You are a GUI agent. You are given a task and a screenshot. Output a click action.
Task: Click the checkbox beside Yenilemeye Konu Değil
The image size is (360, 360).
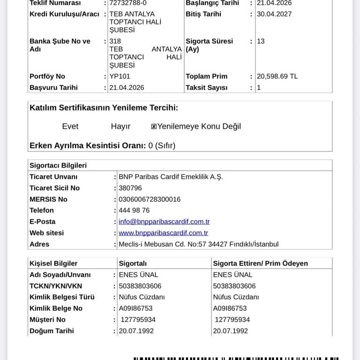(x=154, y=127)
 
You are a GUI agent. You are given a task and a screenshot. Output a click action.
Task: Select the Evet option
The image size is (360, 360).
(x=70, y=127)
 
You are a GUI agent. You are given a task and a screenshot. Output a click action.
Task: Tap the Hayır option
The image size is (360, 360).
(x=120, y=127)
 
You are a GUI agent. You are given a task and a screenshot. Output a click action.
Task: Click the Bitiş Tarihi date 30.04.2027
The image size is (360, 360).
(x=274, y=14)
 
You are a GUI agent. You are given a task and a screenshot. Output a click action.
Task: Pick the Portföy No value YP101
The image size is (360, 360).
(x=120, y=76)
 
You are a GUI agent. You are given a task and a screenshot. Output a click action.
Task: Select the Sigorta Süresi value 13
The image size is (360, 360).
(x=261, y=41)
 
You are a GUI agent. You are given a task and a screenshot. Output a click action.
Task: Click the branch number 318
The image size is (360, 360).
(x=115, y=41)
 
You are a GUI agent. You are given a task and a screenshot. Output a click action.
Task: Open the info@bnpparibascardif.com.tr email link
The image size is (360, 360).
(x=164, y=222)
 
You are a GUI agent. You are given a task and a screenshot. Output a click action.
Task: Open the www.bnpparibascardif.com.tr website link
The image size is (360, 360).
(x=163, y=233)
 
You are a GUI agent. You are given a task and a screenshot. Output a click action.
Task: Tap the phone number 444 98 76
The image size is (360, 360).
(x=134, y=210)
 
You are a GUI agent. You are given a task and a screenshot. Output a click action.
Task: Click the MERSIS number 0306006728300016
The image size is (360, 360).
(x=150, y=199)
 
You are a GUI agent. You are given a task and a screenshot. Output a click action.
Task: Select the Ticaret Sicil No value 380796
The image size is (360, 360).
(x=130, y=188)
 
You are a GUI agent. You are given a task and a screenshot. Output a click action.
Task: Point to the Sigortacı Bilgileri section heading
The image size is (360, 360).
(x=58, y=165)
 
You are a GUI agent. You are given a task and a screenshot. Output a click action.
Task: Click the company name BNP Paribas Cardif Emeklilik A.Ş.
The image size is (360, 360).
(x=171, y=177)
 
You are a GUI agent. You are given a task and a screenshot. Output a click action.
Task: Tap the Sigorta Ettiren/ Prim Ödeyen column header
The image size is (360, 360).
(x=260, y=263)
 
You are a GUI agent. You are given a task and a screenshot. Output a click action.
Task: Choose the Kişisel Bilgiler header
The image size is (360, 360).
(x=53, y=263)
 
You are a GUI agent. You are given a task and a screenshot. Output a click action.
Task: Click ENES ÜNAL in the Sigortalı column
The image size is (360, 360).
(x=139, y=275)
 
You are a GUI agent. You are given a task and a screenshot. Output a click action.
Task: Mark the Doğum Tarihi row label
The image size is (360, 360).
(x=52, y=331)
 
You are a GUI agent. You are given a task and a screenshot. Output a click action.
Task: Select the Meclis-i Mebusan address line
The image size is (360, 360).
(x=198, y=244)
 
